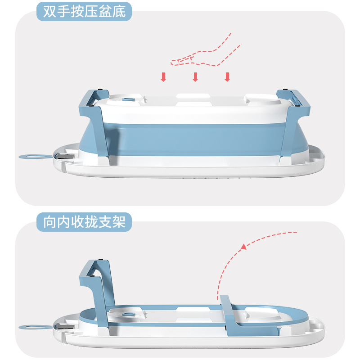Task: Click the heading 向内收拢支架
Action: [x=84, y=221]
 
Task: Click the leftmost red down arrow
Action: [x=164, y=77]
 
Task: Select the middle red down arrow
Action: [x=195, y=77]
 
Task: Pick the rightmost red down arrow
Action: [x=227, y=77]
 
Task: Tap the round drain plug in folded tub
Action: [x=129, y=314]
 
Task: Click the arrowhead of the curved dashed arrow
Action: [x=243, y=247]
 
